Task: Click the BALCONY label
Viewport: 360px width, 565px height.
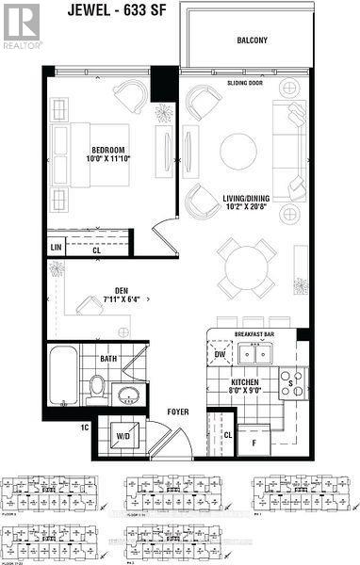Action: tap(253, 40)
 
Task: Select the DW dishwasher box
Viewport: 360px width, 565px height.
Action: tap(221, 355)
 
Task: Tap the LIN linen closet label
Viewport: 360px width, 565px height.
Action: tap(57, 248)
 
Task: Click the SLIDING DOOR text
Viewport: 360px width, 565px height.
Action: tap(244, 82)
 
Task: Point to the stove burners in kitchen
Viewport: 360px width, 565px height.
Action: tap(291, 384)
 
